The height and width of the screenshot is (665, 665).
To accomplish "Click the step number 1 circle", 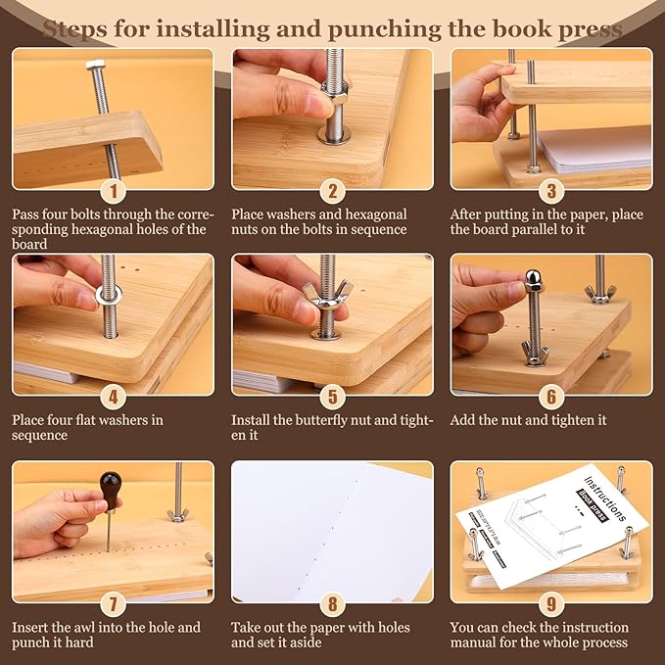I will (114, 191).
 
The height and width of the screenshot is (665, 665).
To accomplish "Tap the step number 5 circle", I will (333, 397).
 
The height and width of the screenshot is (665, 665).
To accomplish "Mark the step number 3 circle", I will (551, 191).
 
